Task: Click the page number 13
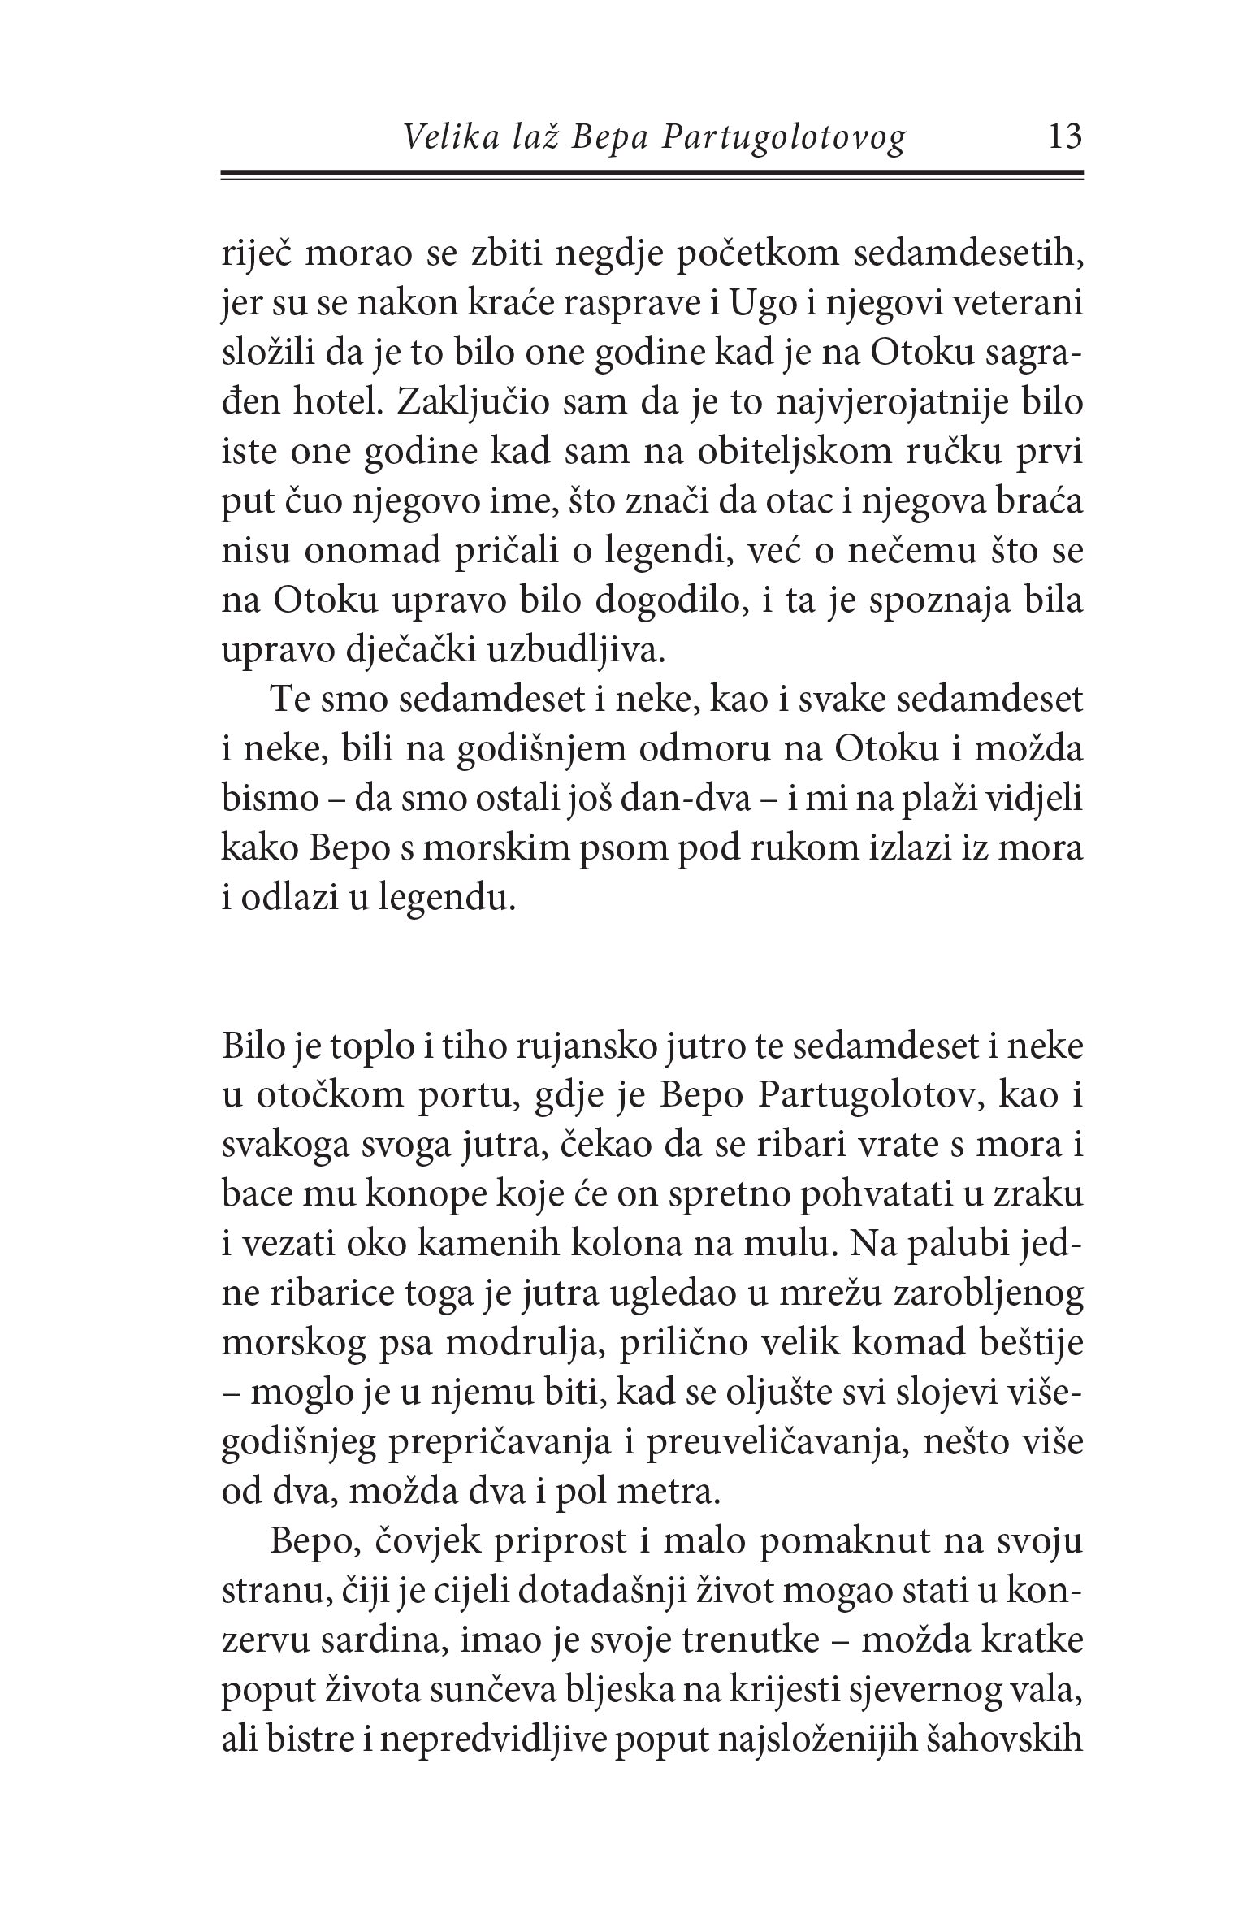[1065, 136]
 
